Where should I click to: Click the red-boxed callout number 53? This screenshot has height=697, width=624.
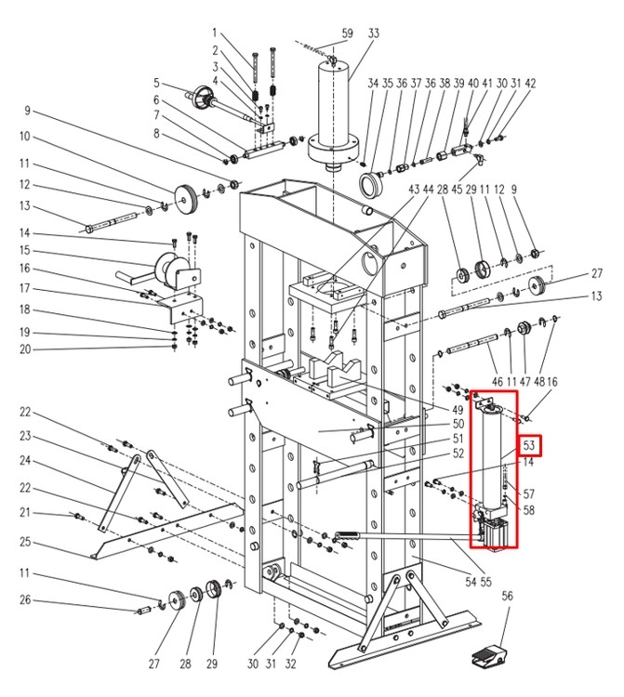pos(529,445)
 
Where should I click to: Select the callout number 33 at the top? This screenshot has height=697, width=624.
pos(373,33)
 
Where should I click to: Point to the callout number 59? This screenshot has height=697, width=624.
pos(347,33)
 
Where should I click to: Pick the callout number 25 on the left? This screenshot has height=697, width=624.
pos(25,542)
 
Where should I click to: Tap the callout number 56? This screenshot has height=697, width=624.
pos(507,595)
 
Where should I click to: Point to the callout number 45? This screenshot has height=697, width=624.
pos(457,190)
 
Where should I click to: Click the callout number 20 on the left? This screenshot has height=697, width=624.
pos(25,349)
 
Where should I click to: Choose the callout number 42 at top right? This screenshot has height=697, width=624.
pos(530,83)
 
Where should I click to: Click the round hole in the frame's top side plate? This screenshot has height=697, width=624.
pos(370,262)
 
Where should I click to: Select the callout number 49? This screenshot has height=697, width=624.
pos(458,409)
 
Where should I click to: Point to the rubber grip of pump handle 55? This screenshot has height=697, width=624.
pos(348,534)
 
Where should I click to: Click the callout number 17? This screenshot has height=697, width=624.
pos(25,288)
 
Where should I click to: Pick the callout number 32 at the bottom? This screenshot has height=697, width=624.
pos(290,664)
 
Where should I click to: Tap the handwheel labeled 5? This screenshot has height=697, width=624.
pos(204,98)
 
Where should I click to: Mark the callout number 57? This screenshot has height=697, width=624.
pos(528,493)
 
